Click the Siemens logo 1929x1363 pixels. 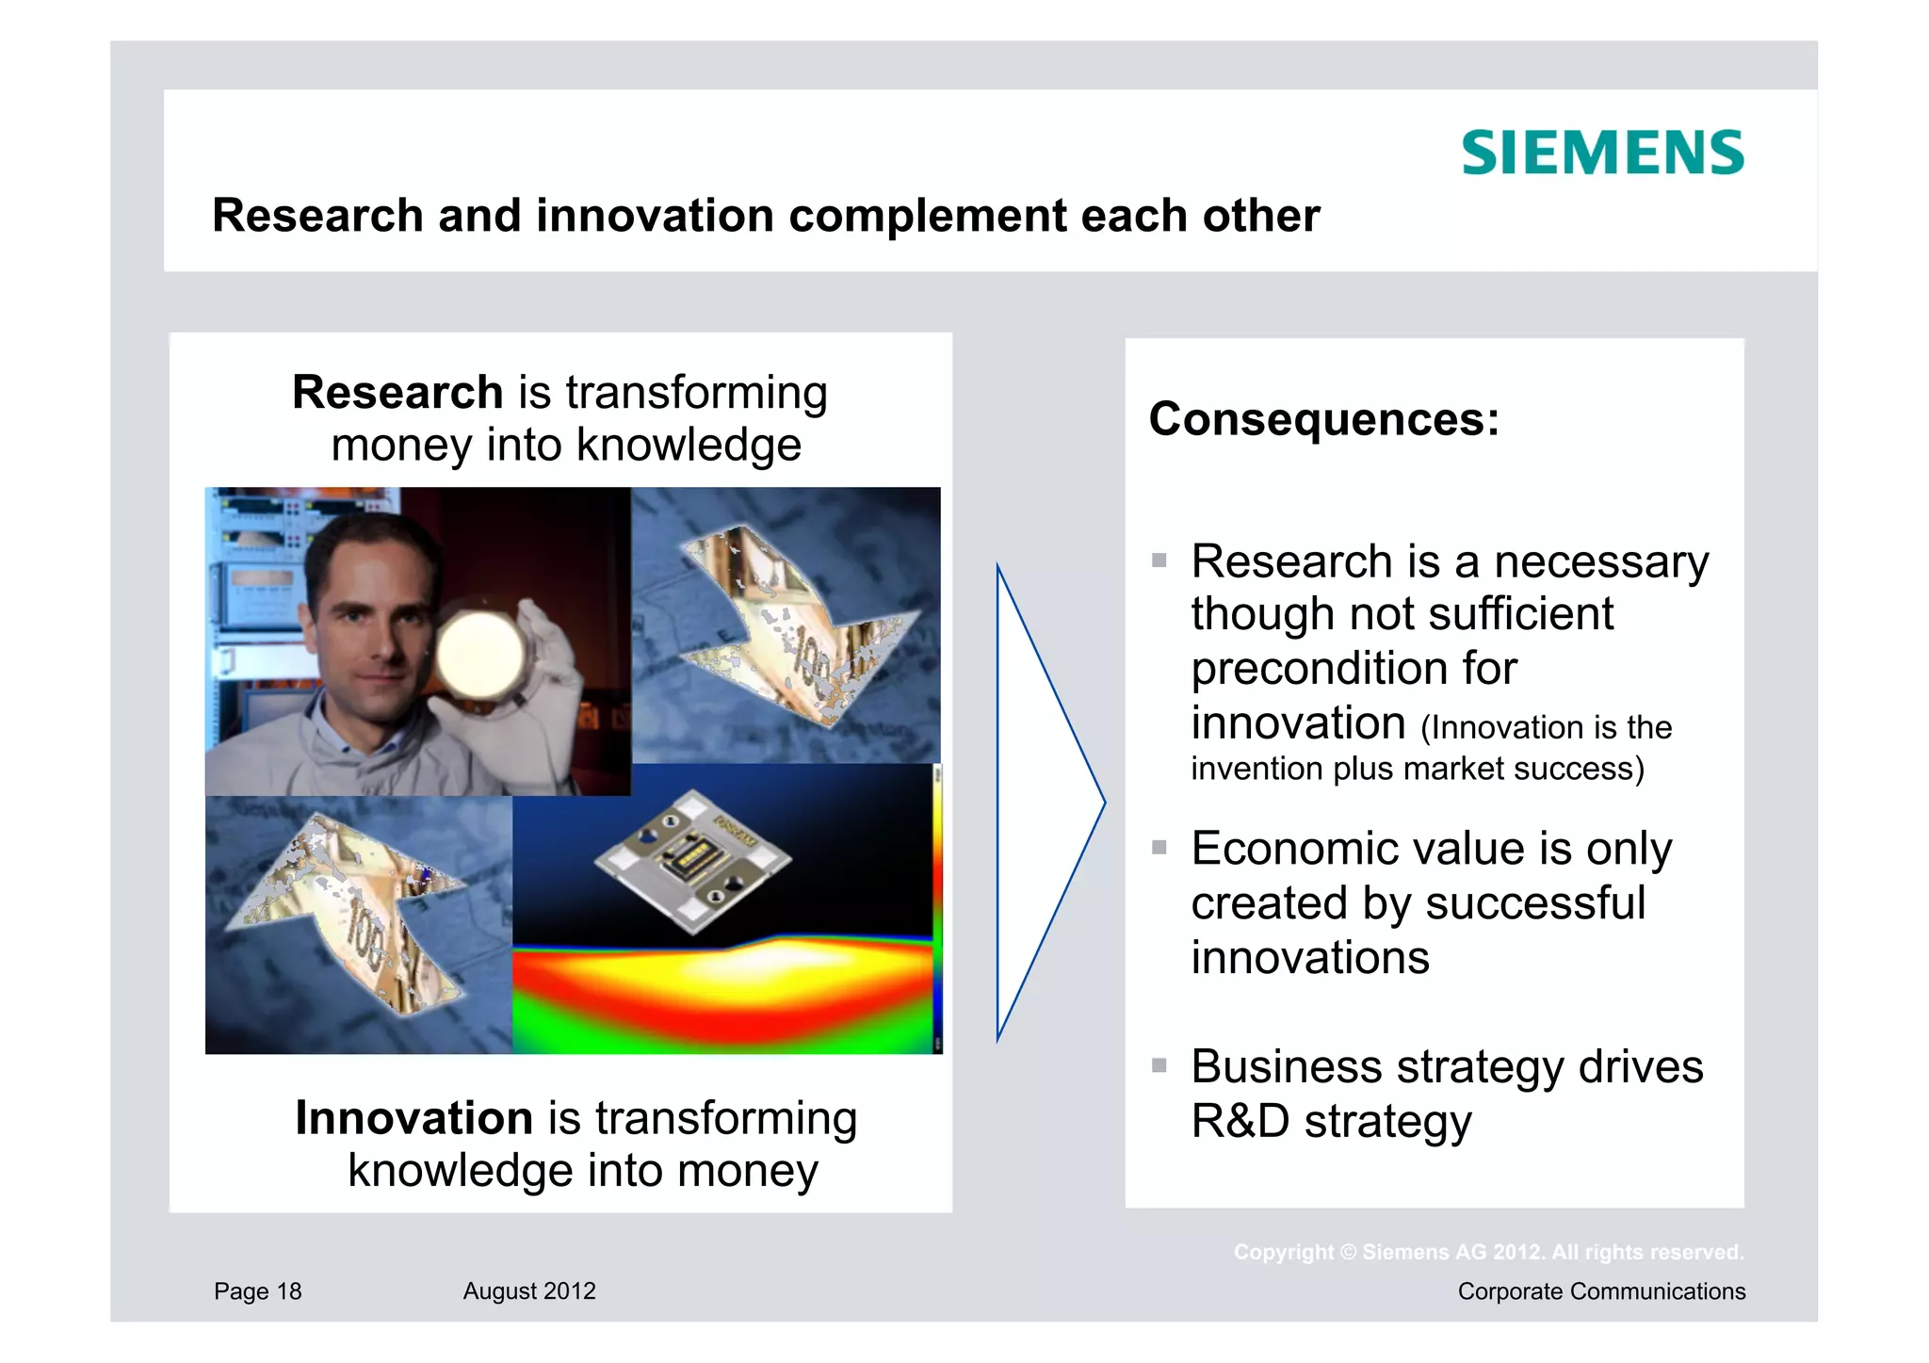pos(1602,154)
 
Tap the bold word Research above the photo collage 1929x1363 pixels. pos(397,392)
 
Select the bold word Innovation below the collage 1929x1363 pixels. pos(414,1118)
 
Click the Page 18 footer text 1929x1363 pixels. pos(257,1291)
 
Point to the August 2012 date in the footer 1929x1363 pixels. pos(529,1291)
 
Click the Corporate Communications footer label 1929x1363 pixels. pos(1601,1291)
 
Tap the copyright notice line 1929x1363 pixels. pos(1488,1253)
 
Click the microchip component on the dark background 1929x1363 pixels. pos(693,860)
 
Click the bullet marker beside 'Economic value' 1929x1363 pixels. pos(1159,848)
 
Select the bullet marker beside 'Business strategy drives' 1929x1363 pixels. pos(1159,1066)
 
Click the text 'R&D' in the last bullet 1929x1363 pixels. pos(1239,1121)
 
